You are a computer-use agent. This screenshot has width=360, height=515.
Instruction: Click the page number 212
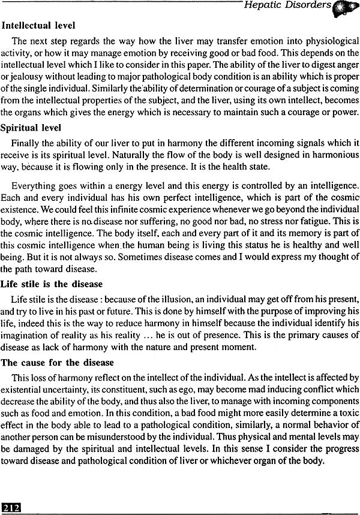click(x=11, y=508)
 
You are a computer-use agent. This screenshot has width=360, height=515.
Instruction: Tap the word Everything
click(x=34, y=186)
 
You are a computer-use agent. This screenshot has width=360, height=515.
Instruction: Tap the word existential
click(x=26, y=389)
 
